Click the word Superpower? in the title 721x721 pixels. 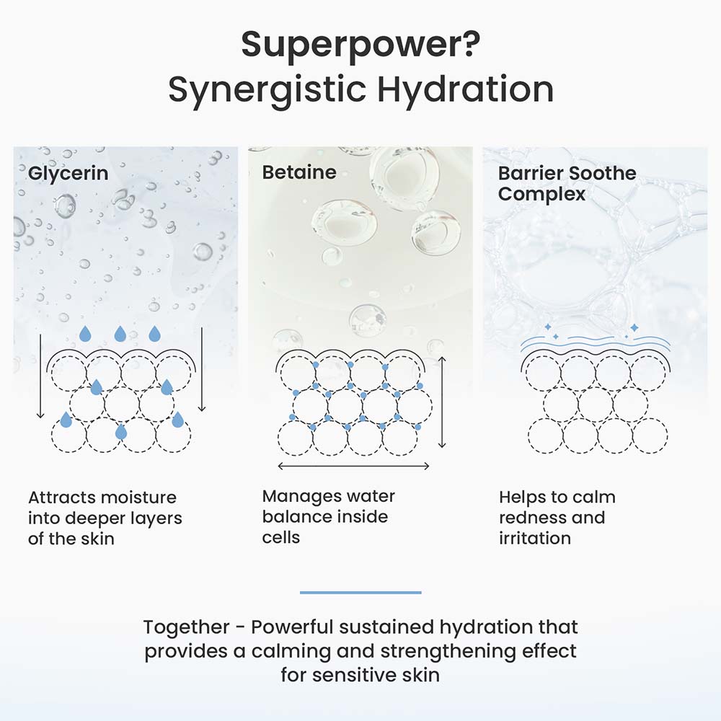point(360,45)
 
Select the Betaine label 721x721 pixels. point(299,172)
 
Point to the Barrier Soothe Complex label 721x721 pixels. point(567,183)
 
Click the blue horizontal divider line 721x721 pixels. point(360,592)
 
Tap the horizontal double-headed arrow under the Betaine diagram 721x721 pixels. point(353,466)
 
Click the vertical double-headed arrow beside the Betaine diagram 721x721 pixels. point(443,402)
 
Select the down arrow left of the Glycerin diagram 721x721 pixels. point(40,376)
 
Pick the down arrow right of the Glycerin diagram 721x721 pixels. point(202,369)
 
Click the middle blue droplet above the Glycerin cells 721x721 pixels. point(120,334)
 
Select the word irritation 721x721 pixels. point(535,538)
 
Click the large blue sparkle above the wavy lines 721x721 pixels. point(634,327)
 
